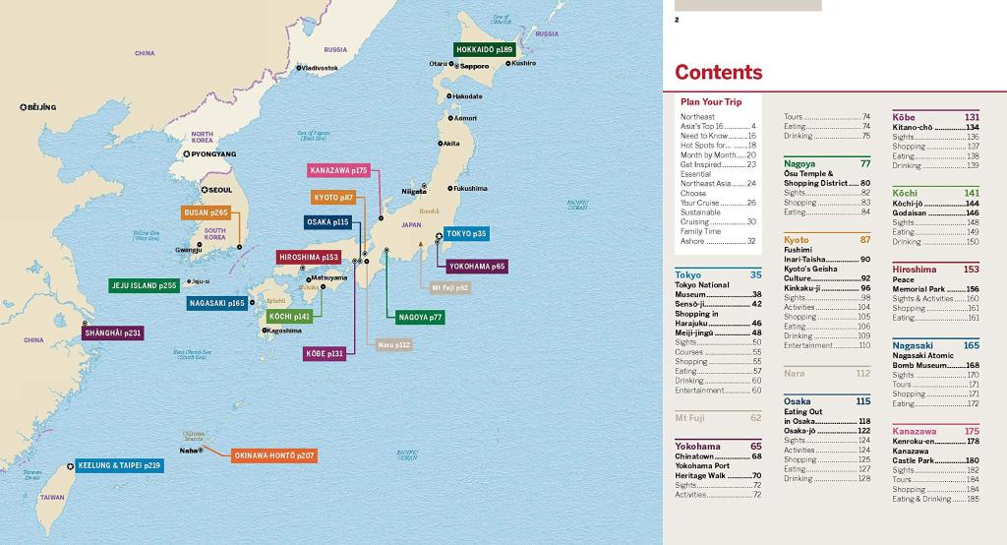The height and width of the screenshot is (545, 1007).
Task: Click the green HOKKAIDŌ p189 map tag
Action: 485,49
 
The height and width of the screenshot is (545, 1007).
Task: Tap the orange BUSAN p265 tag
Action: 206,212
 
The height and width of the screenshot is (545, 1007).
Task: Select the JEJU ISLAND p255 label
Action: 144,285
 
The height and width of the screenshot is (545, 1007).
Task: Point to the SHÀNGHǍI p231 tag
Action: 113,333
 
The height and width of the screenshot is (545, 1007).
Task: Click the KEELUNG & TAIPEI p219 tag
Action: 121,464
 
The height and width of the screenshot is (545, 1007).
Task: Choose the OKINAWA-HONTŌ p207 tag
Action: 273,456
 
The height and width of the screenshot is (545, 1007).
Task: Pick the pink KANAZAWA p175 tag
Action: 339,170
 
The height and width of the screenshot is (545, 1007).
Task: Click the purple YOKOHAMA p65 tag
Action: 477,266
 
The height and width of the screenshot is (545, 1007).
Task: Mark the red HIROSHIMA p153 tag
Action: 309,257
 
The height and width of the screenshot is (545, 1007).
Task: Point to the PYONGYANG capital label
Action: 213,154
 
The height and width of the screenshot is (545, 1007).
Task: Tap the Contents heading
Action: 718,72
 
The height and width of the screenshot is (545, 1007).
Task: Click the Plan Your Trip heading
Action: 711,101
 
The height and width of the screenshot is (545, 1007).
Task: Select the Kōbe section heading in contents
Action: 903,117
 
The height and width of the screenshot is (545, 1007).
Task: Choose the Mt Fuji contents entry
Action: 690,417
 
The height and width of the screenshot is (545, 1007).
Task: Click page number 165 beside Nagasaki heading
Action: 971,345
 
